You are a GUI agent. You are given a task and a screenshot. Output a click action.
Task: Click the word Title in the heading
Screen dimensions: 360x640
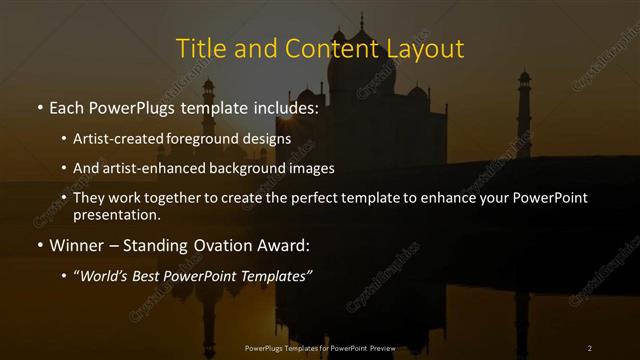[198, 48]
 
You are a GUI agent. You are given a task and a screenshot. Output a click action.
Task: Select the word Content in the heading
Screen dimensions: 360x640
[322, 48]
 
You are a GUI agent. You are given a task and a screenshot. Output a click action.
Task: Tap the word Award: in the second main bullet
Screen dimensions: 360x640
[285, 245]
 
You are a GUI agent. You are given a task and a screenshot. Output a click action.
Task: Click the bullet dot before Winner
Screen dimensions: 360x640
[39, 246]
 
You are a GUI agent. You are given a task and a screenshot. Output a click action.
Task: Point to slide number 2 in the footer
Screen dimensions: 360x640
[590, 348]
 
